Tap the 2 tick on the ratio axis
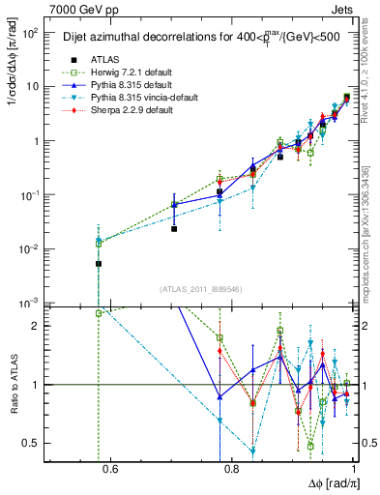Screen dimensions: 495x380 point(41,326)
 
